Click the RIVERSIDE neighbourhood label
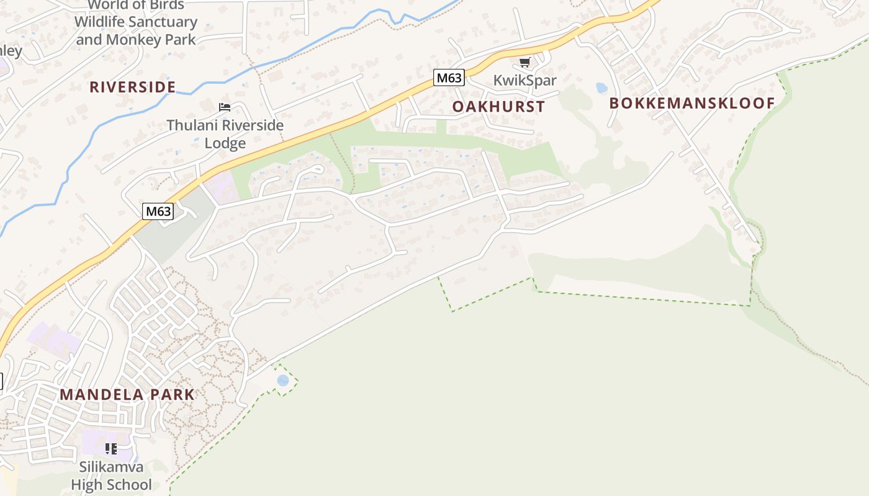(x=132, y=87)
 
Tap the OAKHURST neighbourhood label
(x=498, y=107)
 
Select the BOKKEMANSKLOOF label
(x=692, y=104)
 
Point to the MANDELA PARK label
(x=127, y=394)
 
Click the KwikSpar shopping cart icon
(x=525, y=62)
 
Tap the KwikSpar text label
(x=525, y=80)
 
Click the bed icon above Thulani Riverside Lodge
(x=225, y=107)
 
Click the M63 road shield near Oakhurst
(x=449, y=77)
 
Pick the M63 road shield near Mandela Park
(x=158, y=211)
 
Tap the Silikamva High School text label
(x=111, y=476)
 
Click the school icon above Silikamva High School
(x=111, y=448)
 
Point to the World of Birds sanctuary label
(x=135, y=22)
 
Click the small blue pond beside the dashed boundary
(x=283, y=380)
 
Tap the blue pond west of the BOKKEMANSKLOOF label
(x=601, y=88)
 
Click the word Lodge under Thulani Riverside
(x=225, y=143)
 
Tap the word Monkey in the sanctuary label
(x=133, y=40)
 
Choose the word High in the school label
(x=86, y=485)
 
